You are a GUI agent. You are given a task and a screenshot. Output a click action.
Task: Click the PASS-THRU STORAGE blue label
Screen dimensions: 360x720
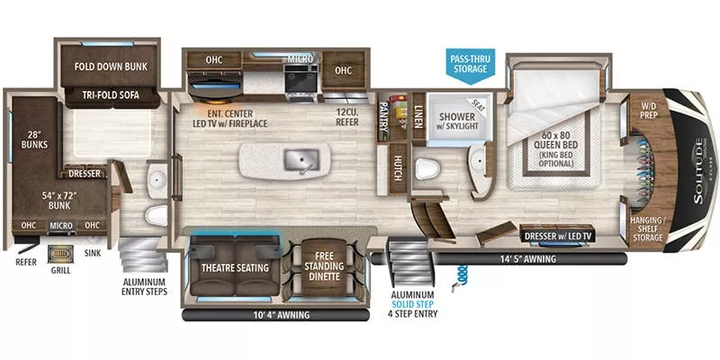point(471,63)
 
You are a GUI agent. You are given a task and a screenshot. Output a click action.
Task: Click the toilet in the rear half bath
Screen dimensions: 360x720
point(155,216)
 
